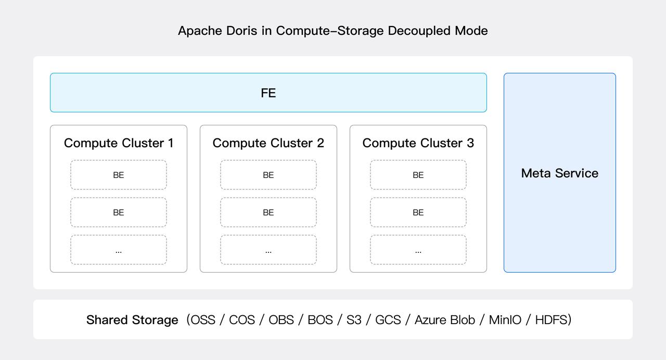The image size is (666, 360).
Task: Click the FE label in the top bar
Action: (268, 93)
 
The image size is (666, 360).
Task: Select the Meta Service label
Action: (559, 173)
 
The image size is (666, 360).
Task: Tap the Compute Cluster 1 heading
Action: (119, 143)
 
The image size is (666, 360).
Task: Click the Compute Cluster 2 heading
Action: (268, 143)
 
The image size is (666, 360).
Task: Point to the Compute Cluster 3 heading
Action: (418, 143)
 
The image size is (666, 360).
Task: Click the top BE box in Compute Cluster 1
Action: (119, 175)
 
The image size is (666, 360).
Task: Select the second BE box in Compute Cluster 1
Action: (119, 213)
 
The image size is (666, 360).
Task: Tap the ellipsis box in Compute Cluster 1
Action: (119, 250)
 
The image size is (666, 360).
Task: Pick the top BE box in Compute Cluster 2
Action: (268, 175)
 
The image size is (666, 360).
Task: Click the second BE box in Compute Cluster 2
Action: (268, 213)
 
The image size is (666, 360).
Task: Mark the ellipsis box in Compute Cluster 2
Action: (268, 250)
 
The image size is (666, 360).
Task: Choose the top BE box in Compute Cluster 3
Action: (418, 175)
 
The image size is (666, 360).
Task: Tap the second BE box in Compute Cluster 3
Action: (418, 213)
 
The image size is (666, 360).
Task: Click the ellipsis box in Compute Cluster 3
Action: (418, 250)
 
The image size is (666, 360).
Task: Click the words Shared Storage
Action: (132, 320)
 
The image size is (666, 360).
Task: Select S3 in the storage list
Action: (354, 320)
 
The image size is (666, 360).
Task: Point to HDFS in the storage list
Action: (552, 320)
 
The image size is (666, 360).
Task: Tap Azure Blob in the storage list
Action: (444, 320)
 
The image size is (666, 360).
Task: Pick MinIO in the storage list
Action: (505, 320)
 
